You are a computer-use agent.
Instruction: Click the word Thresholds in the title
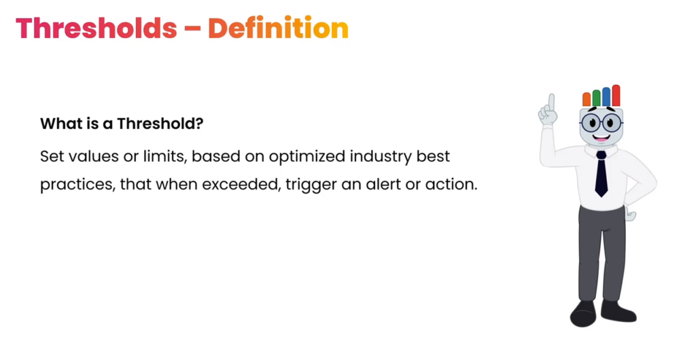tap(97, 29)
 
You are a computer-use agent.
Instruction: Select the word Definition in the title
tap(278, 29)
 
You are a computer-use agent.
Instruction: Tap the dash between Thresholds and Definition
tap(192, 29)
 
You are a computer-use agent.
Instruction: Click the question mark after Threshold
tap(199, 123)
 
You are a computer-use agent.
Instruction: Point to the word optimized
tap(307, 158)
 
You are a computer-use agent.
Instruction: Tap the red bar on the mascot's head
tap(616, 95)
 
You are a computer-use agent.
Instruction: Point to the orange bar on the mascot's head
tap(587, 99)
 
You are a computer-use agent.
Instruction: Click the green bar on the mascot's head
tap(596, 98)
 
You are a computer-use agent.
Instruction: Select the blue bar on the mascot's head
tap(606, 96)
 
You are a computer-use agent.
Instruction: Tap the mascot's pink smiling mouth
tap(602, 138)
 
